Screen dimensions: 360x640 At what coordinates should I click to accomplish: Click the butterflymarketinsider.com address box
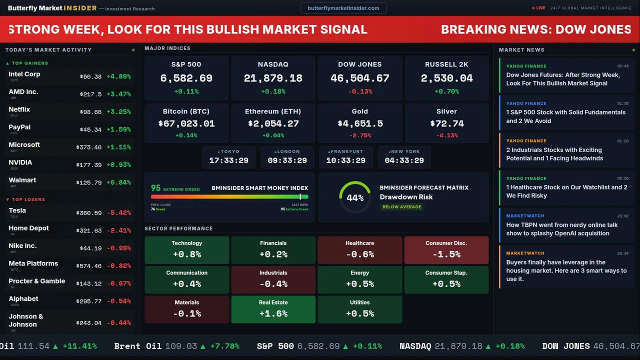tap(343, 8)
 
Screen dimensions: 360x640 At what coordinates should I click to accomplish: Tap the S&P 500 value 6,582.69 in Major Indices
tap(186, 78)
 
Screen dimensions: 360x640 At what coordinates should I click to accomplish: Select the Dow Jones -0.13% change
tap(360, 91)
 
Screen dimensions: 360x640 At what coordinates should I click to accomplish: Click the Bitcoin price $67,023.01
tap(186, 123)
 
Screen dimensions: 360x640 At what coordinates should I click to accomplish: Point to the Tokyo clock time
tap(228, 160)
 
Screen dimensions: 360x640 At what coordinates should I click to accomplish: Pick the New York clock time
tap(404, 160)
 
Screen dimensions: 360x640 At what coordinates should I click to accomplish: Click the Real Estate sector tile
tap(273, 309)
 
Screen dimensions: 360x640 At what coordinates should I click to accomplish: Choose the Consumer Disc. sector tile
tap(446, 249)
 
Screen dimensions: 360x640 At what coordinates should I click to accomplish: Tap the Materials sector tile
tap(186, 309)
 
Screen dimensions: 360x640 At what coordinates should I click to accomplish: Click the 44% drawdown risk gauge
tap(355, 197)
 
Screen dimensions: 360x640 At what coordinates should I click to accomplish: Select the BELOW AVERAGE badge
tap(401, 207)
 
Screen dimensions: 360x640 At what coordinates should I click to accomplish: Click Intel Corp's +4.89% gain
tap(118, 76)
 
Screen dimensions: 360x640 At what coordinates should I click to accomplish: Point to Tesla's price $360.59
tap(90, 213)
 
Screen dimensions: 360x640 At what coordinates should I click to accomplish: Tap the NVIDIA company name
tap(20, 162)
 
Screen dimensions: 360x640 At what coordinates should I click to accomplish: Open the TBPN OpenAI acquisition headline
tap(562, 229)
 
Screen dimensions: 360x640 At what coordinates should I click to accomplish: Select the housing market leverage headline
tap(566, 270)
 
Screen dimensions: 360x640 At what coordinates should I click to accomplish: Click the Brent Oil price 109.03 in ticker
tap(180, 346)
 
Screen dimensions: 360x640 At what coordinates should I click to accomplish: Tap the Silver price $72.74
tap(446, 123)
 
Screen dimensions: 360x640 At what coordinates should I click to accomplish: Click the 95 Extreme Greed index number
tap(156, 188)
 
